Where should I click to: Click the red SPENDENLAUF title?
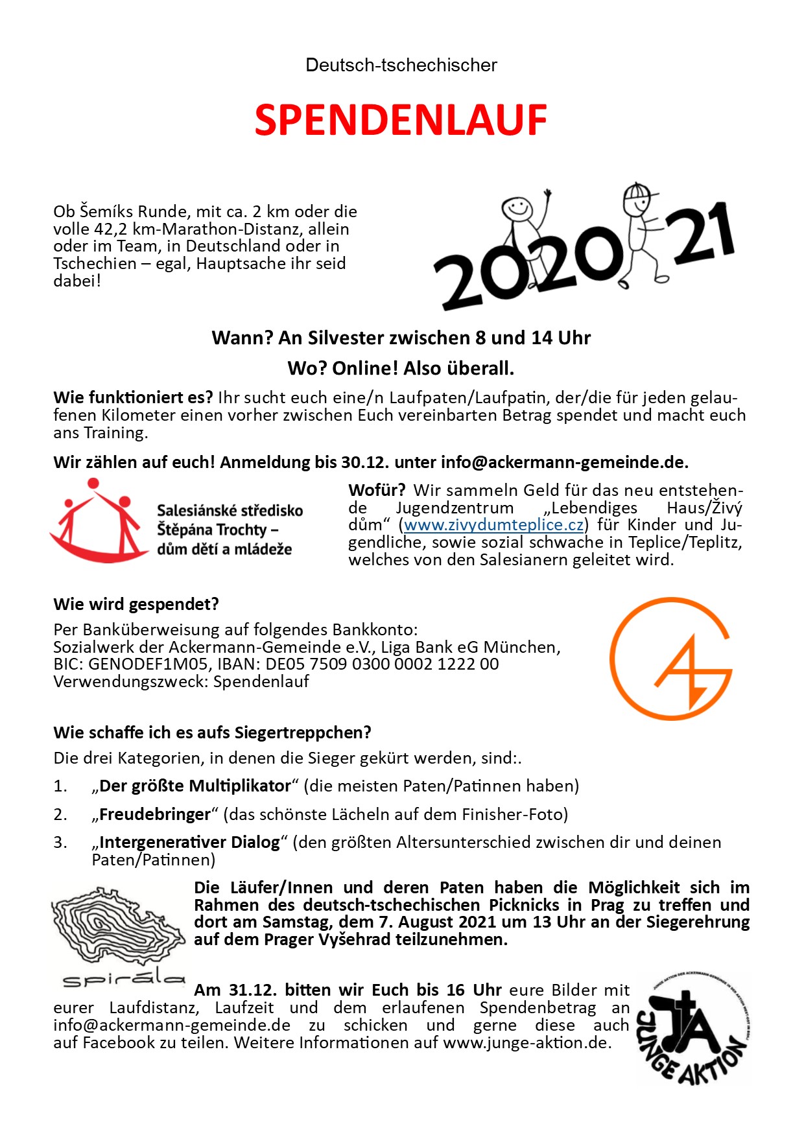[x=401, y=120]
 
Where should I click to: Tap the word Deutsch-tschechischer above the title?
[x=401, y=65]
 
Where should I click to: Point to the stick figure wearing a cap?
[x=642, y=230]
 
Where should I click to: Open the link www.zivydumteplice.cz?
[x=493, y=524]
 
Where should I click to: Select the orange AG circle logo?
[x=671, y=659]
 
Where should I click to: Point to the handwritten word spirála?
[x=123, y=979]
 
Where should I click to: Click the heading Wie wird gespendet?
[x=136, y=604]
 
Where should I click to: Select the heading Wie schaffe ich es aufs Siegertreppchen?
[x=212, y=733]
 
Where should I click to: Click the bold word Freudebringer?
[x=155, y=814]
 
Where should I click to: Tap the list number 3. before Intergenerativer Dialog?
[x=60, y=842]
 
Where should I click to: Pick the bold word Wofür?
[x=377, y=490]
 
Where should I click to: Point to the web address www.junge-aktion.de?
[x=526, y=1042]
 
